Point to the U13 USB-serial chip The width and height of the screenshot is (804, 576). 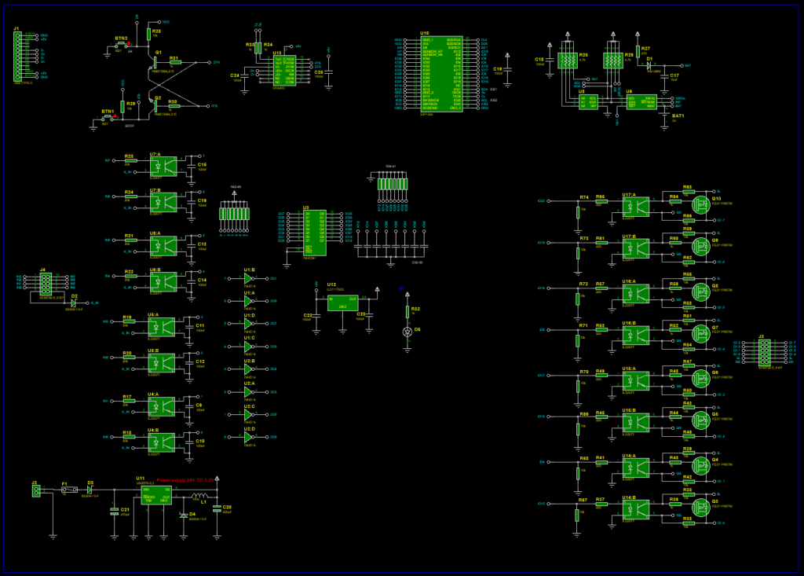tap(283, 70)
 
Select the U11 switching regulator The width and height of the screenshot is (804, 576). tap(155, 494)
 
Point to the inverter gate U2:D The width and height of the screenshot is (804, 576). tap(249, 437)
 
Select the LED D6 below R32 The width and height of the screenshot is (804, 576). tap(407, 332)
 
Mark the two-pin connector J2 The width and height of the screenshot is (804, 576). tap(35, 490)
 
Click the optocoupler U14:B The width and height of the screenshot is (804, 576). tap(636, 510)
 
